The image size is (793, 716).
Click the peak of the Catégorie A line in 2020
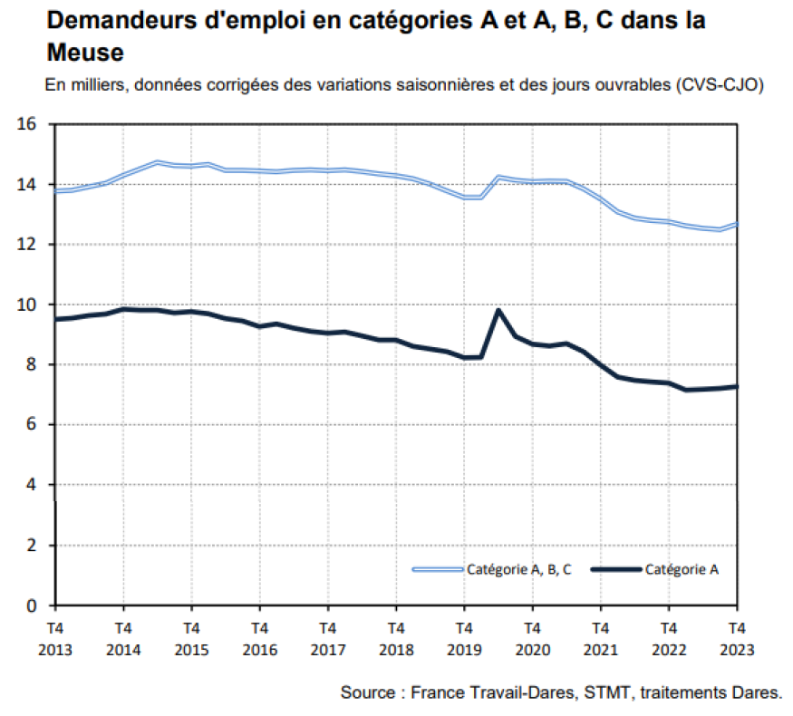click(x=498, y=310)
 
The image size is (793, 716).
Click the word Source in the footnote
click(x=366, y=692)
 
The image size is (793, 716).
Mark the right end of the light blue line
click(x=736, y=224)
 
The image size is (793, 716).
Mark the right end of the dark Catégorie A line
click(x=736, y=386)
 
